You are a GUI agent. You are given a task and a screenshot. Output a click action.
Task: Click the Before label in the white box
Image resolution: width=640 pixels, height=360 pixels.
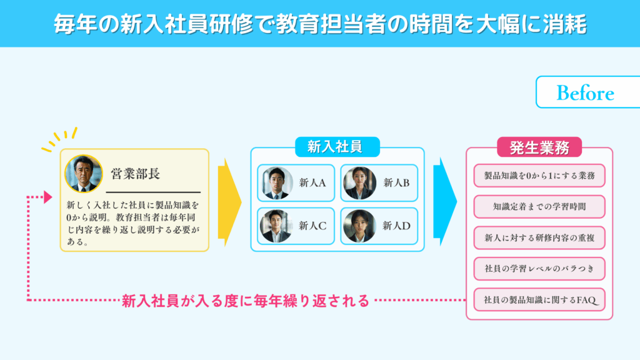[x=585, y=93]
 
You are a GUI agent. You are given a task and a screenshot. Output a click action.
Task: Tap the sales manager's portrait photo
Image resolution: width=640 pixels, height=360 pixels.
[x=84, y=174]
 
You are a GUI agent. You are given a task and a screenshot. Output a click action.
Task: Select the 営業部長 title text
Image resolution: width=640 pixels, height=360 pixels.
[x=135, y=174]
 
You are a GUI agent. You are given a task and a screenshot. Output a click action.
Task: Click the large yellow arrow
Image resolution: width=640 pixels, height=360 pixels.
[x=229, y=202]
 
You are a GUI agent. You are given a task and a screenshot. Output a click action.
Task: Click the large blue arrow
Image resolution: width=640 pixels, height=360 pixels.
[x=445, y=202]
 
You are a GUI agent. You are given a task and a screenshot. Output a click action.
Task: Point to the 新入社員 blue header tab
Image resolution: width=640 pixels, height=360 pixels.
[x=337, y=147]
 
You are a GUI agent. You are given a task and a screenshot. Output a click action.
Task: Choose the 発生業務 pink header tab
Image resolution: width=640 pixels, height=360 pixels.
[x=539, y=147]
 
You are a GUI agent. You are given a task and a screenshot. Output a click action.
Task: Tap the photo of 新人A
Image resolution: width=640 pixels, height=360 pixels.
[x=277, y=183]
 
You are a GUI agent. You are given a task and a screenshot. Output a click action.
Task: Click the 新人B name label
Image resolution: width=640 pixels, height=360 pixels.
[x=396, y=183]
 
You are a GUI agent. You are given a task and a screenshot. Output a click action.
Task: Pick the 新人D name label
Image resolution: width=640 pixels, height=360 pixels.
[x=396, y=226]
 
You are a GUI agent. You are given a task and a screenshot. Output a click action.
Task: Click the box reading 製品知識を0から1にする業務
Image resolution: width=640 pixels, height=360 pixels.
[x=539, y=176]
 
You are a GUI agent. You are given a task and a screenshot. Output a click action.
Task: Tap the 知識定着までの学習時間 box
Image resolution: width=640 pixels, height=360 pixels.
[x=539, y=207]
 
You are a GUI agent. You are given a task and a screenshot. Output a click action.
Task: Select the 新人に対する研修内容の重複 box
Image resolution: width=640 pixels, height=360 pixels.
[x=539, y=238]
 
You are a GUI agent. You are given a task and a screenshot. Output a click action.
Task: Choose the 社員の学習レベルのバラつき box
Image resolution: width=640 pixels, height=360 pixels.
[x=539, y=269]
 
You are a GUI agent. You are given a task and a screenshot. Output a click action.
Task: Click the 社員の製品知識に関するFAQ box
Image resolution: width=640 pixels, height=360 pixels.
[x=539, y=300]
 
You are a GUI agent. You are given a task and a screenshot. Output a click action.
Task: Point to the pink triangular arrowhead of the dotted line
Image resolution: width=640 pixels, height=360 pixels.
[x=48, y=197]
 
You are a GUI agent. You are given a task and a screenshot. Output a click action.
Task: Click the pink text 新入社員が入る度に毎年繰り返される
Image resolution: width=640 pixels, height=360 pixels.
[x=245, y=301]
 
